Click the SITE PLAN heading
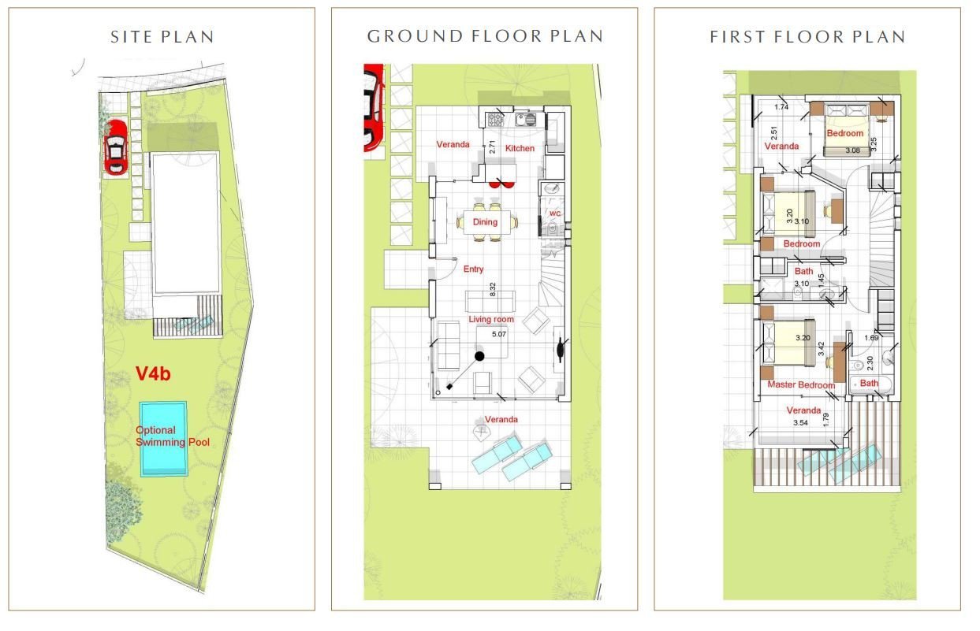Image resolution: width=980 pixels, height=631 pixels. [162, 37]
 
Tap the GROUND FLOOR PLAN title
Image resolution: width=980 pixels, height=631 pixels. [485, 36]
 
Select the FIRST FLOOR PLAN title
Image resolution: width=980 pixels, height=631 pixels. [807, 37]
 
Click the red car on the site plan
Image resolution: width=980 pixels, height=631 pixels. [115, 147]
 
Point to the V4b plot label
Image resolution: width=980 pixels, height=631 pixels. [153, 373]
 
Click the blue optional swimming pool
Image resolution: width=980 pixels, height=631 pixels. [164, 439]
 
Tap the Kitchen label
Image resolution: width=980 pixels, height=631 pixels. [520, 148]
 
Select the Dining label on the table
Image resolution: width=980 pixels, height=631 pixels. [485, 221]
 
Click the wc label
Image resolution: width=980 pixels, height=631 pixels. [555, 213]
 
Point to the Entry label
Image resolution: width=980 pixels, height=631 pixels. [473, 269]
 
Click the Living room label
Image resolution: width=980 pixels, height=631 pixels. [491, 319]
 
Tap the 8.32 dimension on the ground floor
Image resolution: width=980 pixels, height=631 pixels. [493, 289]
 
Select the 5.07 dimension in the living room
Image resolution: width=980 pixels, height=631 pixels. [499, 334]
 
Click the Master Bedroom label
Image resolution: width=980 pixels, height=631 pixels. [801, 384]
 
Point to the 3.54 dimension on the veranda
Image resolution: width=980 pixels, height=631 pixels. [800, 423]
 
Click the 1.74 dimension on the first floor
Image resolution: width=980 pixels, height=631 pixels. [781, 106]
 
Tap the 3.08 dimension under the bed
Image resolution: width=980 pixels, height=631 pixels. [853, 150]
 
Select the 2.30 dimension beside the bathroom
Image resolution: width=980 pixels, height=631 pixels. [870, 362]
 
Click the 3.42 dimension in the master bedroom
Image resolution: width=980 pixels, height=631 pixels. [822, 348]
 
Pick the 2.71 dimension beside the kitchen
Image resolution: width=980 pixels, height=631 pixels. [492, 147]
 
